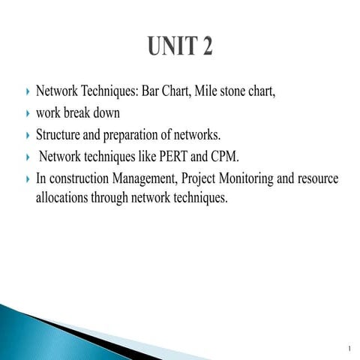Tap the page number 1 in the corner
click(349, 348)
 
